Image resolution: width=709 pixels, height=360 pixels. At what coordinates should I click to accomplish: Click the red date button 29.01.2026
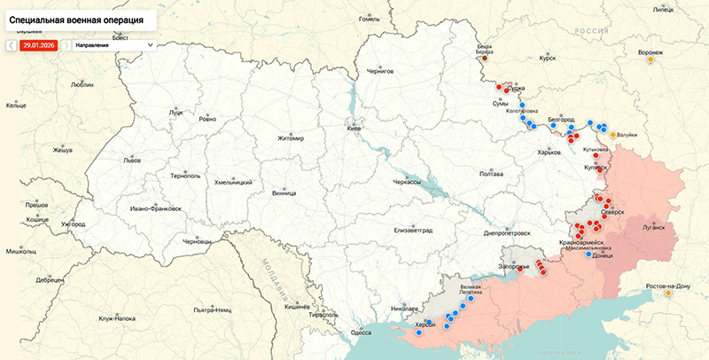(x=39, y=43)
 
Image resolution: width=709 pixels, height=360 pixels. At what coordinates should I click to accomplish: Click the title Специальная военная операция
(x=76, y=18)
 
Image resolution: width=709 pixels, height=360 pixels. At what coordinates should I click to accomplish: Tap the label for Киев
(x=354, y=129)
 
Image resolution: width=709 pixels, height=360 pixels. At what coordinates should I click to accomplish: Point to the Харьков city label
(x=549, y=153)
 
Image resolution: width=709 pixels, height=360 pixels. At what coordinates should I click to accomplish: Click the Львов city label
(x=132, y=161)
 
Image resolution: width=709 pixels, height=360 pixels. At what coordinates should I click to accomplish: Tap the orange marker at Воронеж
(x=651, y=61)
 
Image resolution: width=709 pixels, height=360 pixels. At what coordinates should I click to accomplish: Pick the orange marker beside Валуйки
(x=613, y=135)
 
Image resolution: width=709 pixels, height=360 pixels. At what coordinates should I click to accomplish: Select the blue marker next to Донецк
(x=588, y=254)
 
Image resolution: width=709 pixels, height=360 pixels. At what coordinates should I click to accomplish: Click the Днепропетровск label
(x=507, y=232)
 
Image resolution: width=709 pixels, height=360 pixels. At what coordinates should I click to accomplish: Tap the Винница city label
(x=284, y=192)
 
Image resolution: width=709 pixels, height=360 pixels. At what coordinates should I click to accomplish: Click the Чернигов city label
(x=379, y=71)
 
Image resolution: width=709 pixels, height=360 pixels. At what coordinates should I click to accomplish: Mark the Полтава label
(x=491, y=174)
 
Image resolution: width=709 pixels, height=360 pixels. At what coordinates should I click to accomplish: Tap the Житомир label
(x=290, y=138)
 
